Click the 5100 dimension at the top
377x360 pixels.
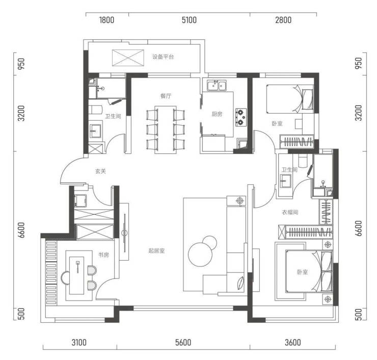click(189, 20)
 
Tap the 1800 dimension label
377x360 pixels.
click(107, 20)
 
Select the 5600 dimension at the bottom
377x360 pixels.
click(183, 342)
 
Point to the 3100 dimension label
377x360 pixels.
click(79, 342)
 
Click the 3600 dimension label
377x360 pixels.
click(293, 342)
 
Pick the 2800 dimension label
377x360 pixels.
click(283, 20)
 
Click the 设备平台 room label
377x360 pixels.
click(163, 57)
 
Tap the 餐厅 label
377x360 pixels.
click(166, 96)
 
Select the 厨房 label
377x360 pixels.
click(217, 114)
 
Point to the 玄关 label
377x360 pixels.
click(100, 171)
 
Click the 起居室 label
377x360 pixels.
click(156, 251)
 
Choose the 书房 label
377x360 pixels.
click(103, 255)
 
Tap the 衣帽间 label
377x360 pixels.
click(290, 212)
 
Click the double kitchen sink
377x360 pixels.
click(217, 86)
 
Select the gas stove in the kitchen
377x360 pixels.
click(241, 117)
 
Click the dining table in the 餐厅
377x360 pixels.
click(166, 129)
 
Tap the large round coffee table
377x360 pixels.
click(199, 254)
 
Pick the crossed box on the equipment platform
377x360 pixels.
click(128, 58)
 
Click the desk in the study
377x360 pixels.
click(77, 275)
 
